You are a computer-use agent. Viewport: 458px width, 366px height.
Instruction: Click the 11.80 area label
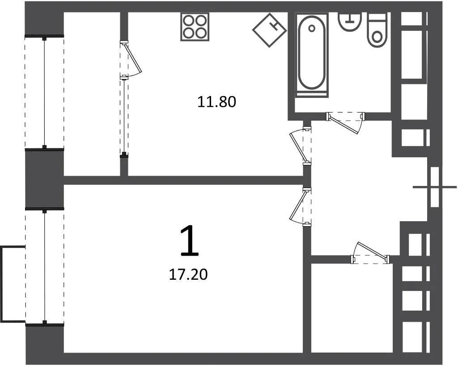217,102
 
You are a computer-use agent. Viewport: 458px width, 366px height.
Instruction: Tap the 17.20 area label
188,275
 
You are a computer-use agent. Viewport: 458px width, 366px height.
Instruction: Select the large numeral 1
190,241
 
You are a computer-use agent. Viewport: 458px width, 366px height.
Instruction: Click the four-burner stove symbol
195,27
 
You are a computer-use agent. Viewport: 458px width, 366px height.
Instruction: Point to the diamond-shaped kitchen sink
269,30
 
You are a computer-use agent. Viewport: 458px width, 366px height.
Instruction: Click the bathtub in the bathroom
311,55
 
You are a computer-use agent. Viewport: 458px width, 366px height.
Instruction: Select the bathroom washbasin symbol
350,21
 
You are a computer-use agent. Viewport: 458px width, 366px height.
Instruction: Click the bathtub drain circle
312,28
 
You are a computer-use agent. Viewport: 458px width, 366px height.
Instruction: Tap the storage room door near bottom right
370,253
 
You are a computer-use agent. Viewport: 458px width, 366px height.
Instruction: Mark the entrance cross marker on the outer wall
435,187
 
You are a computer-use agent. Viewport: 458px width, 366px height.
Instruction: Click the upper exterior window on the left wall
44,93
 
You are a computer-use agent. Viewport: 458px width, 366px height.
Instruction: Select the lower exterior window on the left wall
44,266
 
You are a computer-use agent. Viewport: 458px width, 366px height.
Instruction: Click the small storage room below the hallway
351,307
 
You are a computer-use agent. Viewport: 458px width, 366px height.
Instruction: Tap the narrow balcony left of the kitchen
92,94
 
